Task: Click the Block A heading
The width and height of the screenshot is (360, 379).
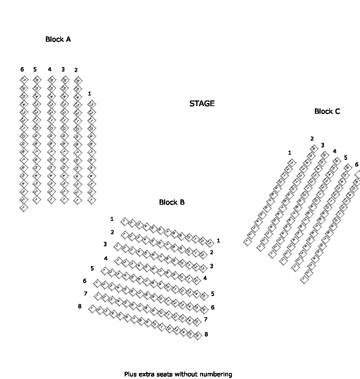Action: [58, 39]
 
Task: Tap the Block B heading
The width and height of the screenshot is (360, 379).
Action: [172, 202]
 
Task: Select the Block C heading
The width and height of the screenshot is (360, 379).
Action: [327, 111]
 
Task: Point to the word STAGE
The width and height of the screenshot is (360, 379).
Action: [202, 103]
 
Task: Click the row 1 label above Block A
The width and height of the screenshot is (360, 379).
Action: [89, 93]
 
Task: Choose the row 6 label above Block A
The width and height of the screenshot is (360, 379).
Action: [22, 69]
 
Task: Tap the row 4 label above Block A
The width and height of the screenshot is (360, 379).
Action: [50, 69]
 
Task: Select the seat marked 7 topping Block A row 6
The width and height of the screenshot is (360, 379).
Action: [24, 80]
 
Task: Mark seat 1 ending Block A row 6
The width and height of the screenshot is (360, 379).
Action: [23, 207]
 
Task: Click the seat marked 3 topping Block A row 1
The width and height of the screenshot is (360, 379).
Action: [91, 104]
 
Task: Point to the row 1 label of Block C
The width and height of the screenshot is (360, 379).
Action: [290, 153]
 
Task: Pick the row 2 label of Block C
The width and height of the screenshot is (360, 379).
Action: [312, 139]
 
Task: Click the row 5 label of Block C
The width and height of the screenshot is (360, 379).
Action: [345, 158]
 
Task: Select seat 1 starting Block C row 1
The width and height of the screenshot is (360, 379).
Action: [247, 241]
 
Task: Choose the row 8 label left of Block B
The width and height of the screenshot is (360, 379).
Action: [80, 306]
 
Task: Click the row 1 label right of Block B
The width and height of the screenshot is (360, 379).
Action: [218, 240]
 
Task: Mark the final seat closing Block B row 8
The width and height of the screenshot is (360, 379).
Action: [197, 335]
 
